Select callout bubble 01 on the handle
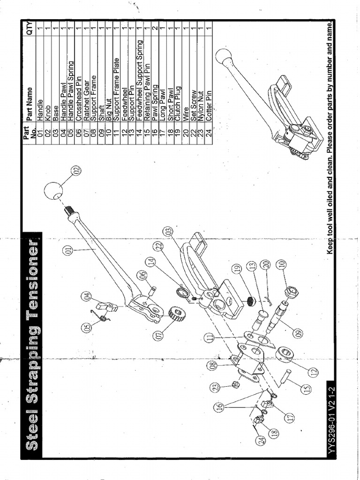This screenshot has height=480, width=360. [x=68, y=252]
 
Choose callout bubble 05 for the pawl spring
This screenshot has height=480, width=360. [x=87, y=328]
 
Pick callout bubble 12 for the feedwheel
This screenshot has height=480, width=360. [x=313, y=371]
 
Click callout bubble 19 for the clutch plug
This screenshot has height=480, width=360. [x=237, y=269]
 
